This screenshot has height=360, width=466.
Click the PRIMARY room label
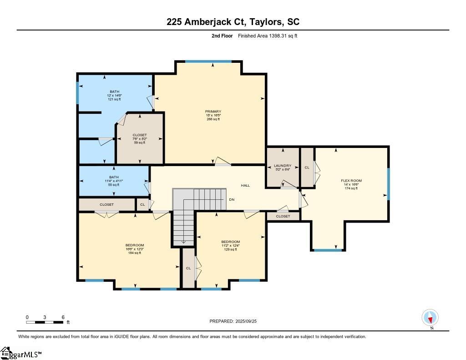[213, 112]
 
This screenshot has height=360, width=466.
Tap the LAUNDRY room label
[283, 166]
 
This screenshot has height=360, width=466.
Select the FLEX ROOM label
[351, 181]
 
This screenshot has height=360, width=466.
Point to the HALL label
[245, 185]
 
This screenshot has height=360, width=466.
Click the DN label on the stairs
[232, 200]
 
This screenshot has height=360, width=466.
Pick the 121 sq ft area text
[114, 99]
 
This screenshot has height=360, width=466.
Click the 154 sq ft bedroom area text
[135, 253]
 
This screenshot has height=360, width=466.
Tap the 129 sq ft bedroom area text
[230, 249]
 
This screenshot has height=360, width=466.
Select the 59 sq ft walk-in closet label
[140, 143]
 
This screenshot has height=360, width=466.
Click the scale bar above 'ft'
[45, 322]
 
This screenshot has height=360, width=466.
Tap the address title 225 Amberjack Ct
[233, 21]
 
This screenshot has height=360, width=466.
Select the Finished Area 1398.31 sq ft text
[268, 35]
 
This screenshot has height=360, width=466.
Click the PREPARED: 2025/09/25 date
[236, 321]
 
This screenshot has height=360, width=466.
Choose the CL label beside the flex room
[307, 167]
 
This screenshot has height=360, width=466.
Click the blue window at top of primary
[208, 61]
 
